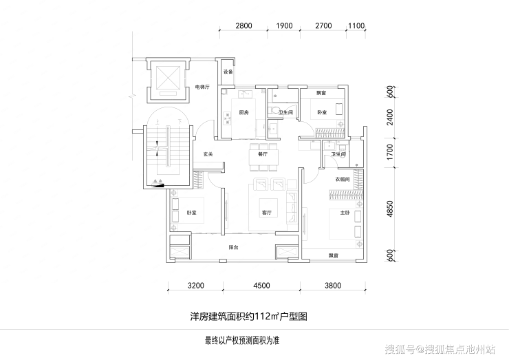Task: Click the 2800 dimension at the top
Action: (244, 26)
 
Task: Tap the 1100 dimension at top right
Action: (356, 26)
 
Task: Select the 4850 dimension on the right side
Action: (390, 209)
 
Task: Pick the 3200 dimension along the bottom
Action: (196, 285)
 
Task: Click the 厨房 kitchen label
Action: (243, 112)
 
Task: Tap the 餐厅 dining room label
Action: (263, 156)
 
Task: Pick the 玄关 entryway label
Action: (208, 154)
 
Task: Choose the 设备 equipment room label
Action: (228, 72)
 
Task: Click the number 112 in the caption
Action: (263, 317)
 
